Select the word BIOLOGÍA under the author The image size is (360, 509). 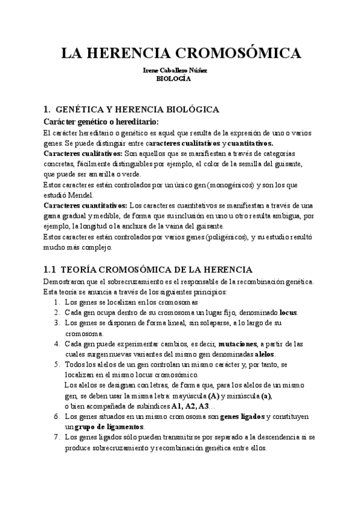pos(173,78)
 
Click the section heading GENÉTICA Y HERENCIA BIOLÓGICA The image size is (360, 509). pos(137,109)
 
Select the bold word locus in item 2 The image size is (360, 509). pos(288,313)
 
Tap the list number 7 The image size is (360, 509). pos(56,438)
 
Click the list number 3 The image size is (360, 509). pos(56,324)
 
